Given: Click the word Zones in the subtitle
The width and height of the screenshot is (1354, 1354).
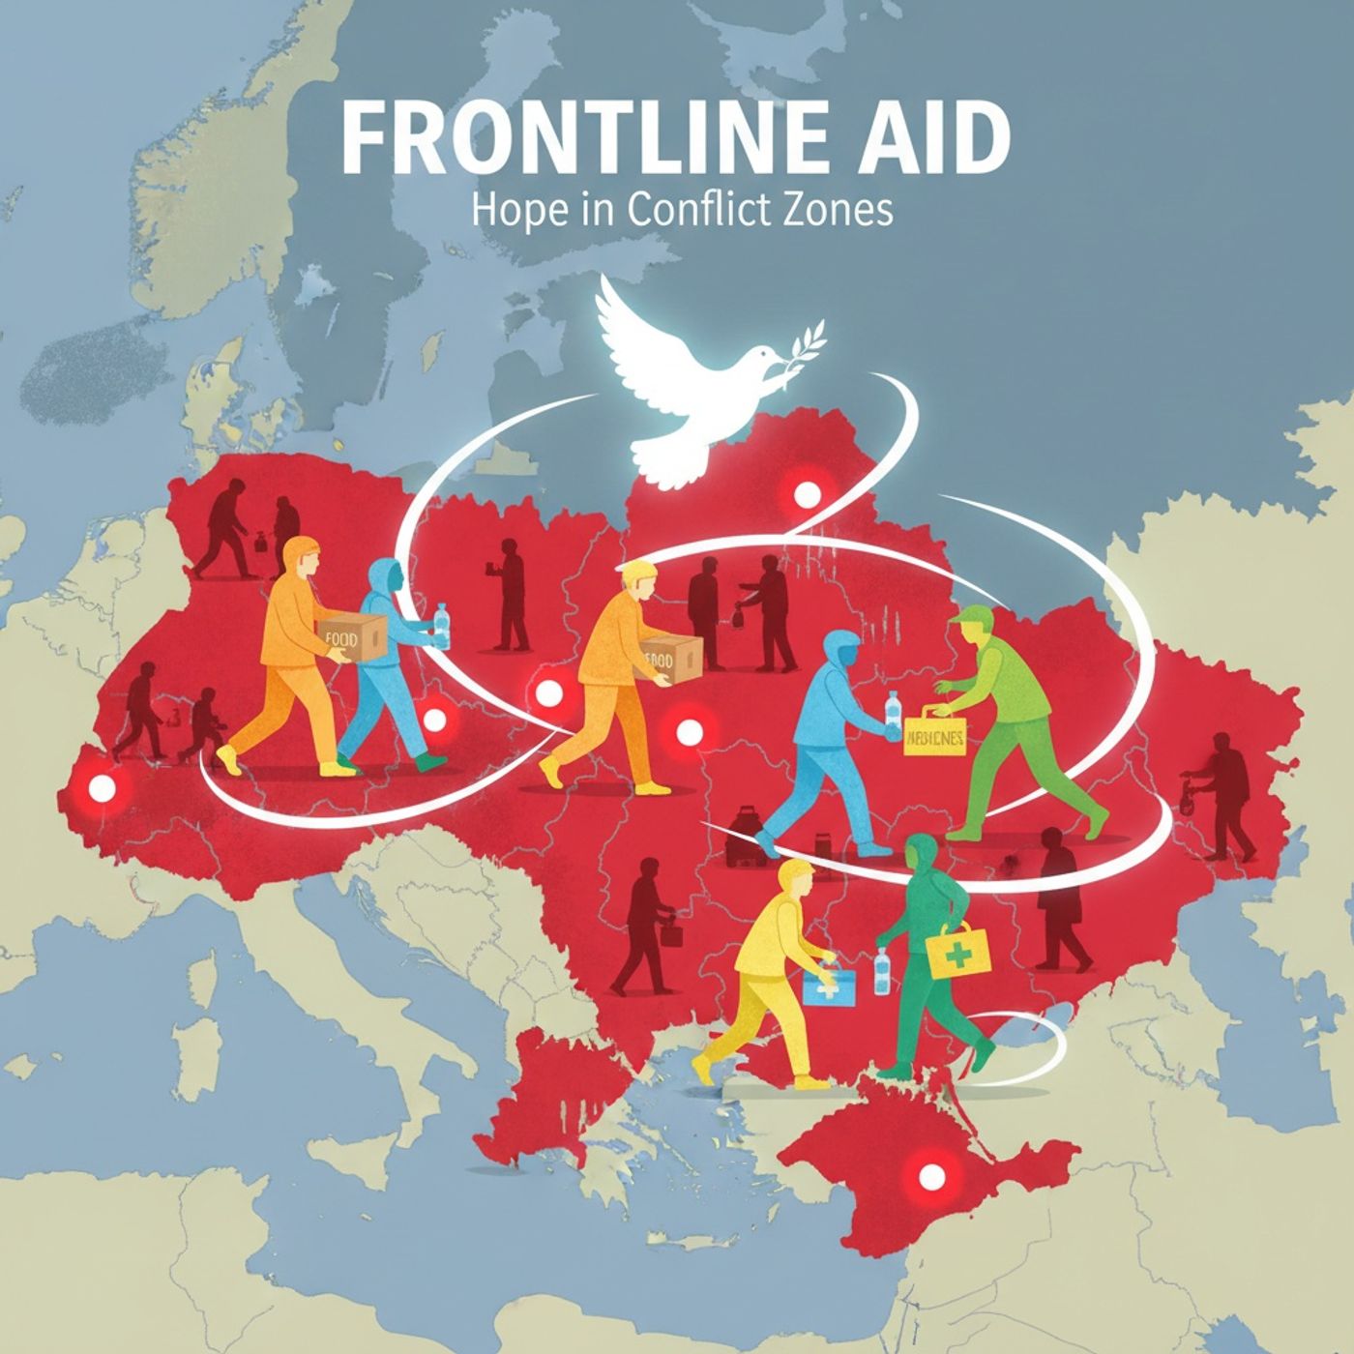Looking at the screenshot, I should [x=840, y=210].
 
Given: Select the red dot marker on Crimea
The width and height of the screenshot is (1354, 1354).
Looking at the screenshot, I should [x=931, y=1177].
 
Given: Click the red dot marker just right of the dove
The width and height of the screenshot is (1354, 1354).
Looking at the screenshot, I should [x=806, y=497].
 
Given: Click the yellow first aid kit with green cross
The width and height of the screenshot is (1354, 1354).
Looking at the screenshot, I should [x=958, y=952].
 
